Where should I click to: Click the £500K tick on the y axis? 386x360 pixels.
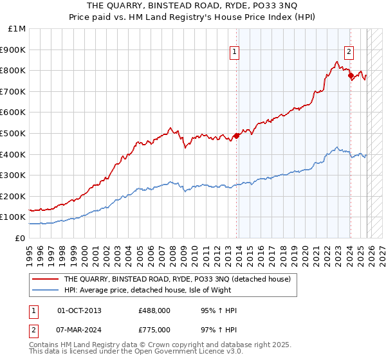point(14,133)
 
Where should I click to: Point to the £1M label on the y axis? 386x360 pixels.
point(17,28)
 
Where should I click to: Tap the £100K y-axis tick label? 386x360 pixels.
point(14,217)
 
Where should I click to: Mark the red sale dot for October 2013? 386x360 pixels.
point(236,136)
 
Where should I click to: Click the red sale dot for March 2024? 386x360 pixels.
point(351,75)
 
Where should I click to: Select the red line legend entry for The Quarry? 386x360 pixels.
point(177,279)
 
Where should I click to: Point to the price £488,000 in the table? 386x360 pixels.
point(154,310)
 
